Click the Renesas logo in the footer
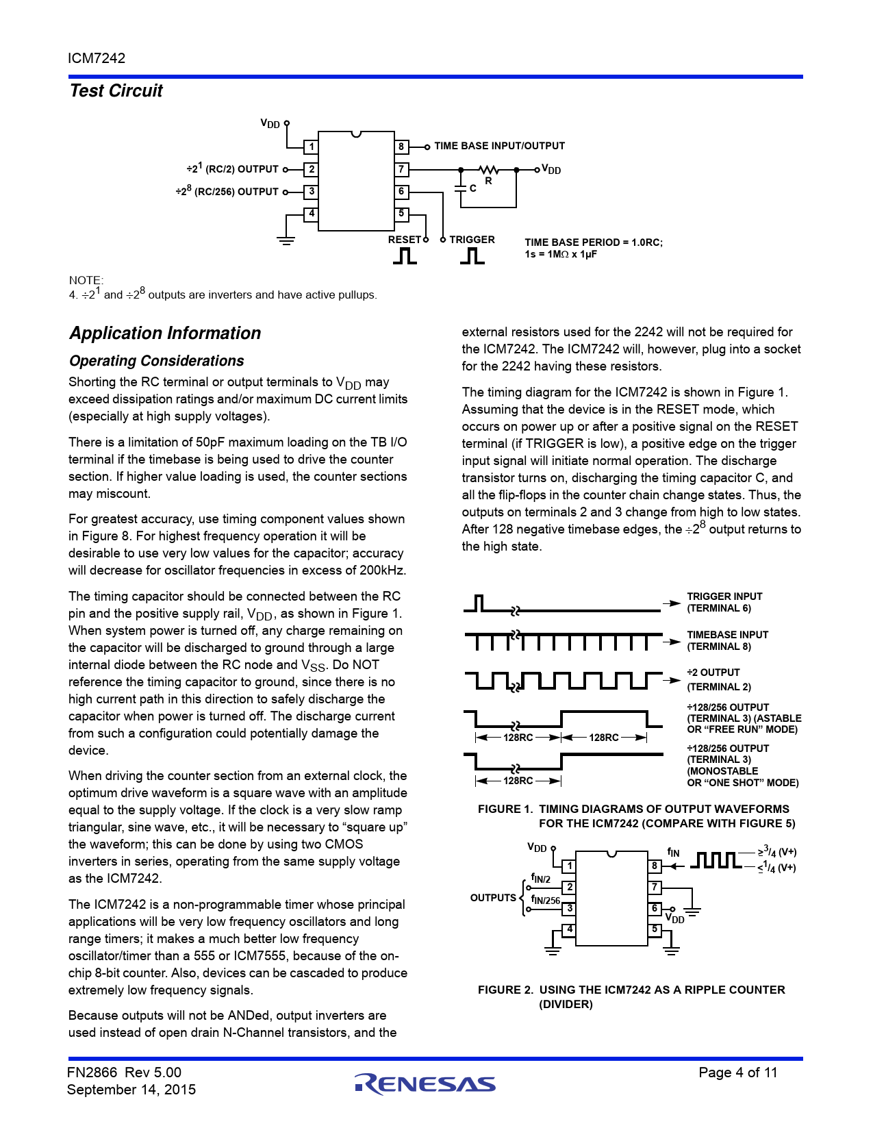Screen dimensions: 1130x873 425,1083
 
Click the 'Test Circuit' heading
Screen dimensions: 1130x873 116,91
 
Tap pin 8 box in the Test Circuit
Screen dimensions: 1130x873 402,147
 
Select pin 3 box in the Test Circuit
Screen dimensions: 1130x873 311,192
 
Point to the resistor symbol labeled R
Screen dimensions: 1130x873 488,170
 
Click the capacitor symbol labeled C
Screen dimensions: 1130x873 460,188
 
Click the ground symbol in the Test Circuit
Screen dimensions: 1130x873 286,240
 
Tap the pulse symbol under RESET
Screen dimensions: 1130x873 405,255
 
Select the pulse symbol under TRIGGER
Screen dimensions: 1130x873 472,255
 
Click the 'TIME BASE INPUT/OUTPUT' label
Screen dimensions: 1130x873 499,146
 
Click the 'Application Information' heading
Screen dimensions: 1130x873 165,334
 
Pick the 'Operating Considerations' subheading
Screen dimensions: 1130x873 156,361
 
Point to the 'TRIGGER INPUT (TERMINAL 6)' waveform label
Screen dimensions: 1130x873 724,602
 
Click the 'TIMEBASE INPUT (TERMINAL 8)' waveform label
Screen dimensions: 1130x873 727,640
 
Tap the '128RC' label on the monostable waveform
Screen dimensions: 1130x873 518,781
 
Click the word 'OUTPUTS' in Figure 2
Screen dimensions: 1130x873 493,898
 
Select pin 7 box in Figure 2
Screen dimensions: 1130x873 655,888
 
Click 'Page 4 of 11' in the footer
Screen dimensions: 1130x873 737,1072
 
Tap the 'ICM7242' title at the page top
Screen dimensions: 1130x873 97,58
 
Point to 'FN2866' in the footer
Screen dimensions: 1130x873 92,1072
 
